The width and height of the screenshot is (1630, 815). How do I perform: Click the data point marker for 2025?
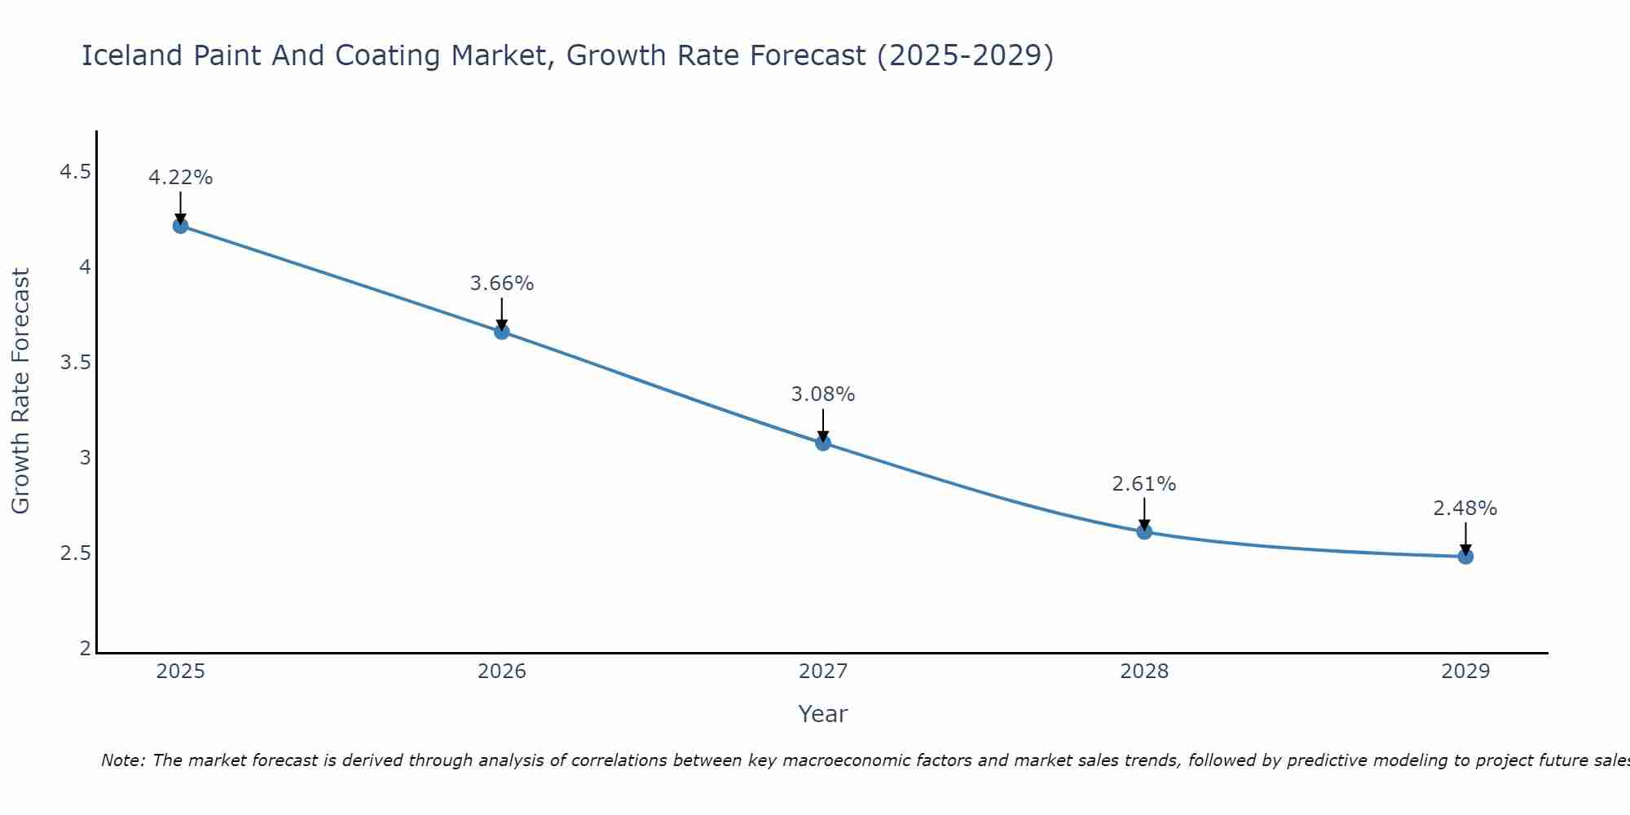[181, 226]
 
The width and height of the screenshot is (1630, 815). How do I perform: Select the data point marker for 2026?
[502, 332]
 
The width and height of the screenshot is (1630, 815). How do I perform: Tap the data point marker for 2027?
[823, 443]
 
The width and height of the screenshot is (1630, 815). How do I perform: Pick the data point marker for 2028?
[1144, 531]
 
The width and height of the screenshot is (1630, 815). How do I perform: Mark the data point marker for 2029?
[1465, 557]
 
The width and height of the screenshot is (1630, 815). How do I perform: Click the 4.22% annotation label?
[181, 178]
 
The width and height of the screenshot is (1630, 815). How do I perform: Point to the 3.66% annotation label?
[502, 284]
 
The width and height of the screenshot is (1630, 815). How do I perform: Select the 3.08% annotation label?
[823, 394]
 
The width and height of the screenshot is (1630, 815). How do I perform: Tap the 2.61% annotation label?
[1144, 484]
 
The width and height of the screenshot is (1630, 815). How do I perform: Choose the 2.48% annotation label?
[1465, 509]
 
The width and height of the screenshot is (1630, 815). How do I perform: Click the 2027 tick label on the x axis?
[823, 672]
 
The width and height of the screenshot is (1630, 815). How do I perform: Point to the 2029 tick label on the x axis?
[1465, 672]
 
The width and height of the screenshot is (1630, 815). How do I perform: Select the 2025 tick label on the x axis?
[181, 672]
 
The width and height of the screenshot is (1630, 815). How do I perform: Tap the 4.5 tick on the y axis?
[75, 172]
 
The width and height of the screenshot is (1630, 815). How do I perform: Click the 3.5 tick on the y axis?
[75, 363]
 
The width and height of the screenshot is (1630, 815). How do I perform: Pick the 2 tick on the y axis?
[85, 649]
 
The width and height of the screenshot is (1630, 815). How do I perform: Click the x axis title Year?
[823, 714]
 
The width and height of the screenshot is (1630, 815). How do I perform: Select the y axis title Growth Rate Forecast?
[21, 391]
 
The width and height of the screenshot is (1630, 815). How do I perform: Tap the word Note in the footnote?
[122, 760]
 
